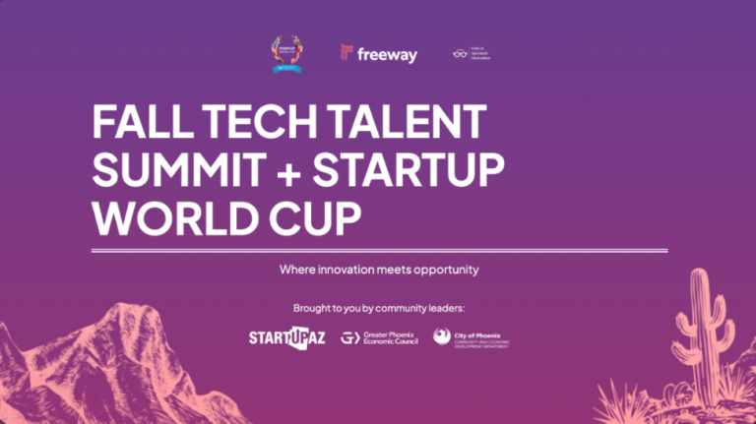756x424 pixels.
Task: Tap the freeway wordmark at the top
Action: pos(387,54)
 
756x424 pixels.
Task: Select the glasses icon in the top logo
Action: pos(459,54)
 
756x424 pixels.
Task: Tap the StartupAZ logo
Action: pos(286,338)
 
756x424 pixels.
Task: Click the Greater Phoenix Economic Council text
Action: pos(392,338)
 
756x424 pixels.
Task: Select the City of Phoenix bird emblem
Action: pos(442,337)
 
